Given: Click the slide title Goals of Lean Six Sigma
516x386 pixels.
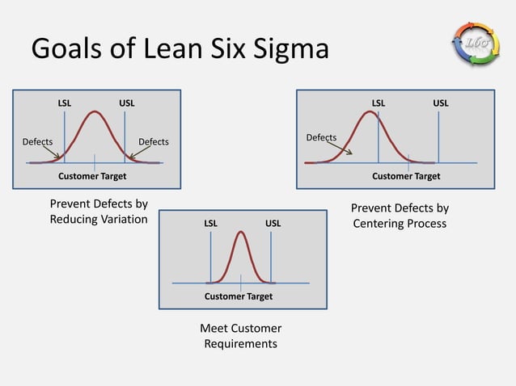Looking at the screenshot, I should pyautogui.click(x=180, y=50).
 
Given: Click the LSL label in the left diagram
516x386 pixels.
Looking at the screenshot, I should pyautogui.click(x=64, y=103).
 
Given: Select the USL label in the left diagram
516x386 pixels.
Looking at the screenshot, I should pyautogui.click(x=127, y=103).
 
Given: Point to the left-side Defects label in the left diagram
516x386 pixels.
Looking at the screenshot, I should pyautogui.click(x=37, y=142).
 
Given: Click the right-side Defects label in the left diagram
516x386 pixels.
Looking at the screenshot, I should pyautogui.click(x=154, y=142).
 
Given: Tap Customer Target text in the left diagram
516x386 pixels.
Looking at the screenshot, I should pyautogui.click(x=92, y=175).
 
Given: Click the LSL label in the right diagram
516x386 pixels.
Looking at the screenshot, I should pyautogui.click(x=379, y=103).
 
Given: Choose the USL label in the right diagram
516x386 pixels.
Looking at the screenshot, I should pyautogui.click(x=441, y=103).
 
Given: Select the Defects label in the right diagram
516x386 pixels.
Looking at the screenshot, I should pyautogui.click(x=321, y=137).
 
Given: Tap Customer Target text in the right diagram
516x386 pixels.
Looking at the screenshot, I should pyautogui.click(x=406, y=175).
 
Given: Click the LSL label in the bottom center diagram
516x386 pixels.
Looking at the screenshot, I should pyautogui.click(x=210, y=223).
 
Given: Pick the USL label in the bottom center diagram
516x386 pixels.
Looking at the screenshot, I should pyautogui.click(x=273, y=223).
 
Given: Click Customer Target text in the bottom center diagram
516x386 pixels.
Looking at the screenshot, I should pyautogui.click(x=239, y=296).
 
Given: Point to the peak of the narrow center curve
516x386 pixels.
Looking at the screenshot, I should pyautogui.click(x=241, y=233).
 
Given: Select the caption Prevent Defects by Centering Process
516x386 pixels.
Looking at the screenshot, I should pyautogui.click(x=400, y=216).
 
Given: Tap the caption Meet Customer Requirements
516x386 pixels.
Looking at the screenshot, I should pyautogui.click(x=240, y=336).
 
